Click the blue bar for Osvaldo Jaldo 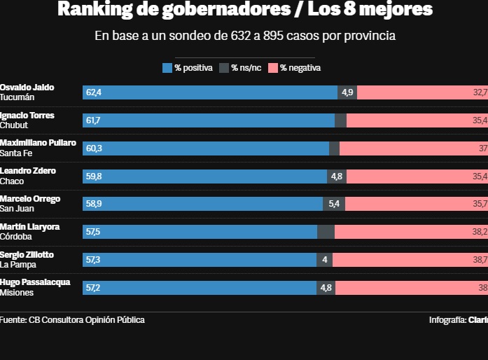tap(210, 92)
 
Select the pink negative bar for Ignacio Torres tap(417, 120)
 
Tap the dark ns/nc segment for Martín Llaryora tap(326, 232)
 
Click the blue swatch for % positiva tap(167, 68)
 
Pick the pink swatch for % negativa tap(272, 68)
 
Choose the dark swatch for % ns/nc tap(224, 68)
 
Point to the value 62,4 tap(94, 92)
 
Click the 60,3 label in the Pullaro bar tap(94, 148)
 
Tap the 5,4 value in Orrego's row tap(333, 204)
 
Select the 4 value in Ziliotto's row tap(324, 260)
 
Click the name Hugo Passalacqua tap(35, 282)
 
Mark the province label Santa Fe tap(17, 153)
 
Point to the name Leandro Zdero tap(28, 171)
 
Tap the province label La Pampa tap(18, 265)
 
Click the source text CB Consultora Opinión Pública tap(87, 320)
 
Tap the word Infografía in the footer tap(447, 320)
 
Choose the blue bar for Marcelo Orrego tap(203, 204)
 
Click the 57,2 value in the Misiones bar tap(94, 288)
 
